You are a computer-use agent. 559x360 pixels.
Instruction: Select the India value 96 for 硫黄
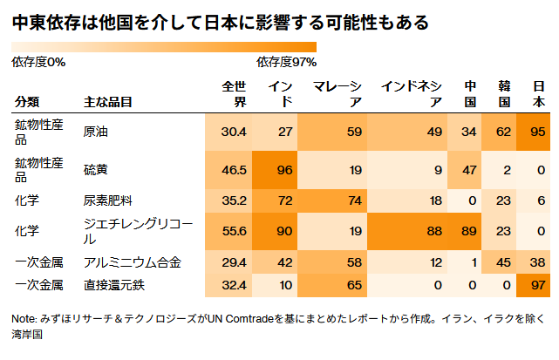[x=284, y=170]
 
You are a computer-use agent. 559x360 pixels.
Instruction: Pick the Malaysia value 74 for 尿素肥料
[x=353, y=200]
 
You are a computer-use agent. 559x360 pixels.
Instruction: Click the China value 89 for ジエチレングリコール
[x=468, y=231]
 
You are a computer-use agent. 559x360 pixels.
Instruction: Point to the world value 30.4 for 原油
[x=234, y=132]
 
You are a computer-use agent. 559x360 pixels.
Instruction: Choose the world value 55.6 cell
[x=234, y=231]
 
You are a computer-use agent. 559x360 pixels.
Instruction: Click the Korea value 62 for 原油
[x=501, y=132]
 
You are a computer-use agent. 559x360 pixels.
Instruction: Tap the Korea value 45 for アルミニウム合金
[x=501, y=262]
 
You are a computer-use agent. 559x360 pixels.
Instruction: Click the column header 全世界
[x=235, y=94]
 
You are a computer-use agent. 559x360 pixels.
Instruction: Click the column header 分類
[x=27, y=102]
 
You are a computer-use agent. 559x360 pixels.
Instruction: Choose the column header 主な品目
[x=108, y=102]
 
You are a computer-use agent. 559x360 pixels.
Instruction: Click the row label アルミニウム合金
[x=132, y=262]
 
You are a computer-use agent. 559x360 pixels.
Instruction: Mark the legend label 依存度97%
[x=286, y=62]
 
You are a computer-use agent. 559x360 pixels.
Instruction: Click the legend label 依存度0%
[x=38, y=62]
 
